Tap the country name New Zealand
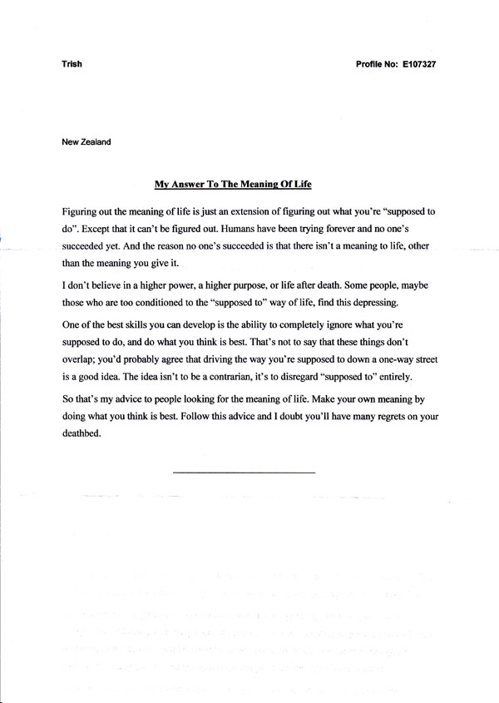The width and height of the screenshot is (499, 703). coord(86,141)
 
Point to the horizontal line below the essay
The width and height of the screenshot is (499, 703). coord(244,473)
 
